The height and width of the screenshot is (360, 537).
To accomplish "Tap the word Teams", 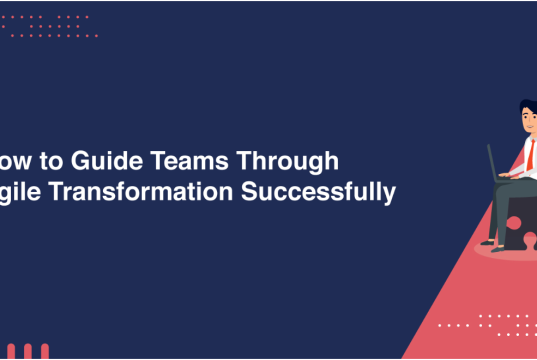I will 199,161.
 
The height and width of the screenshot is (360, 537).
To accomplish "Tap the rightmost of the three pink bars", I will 43,352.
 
